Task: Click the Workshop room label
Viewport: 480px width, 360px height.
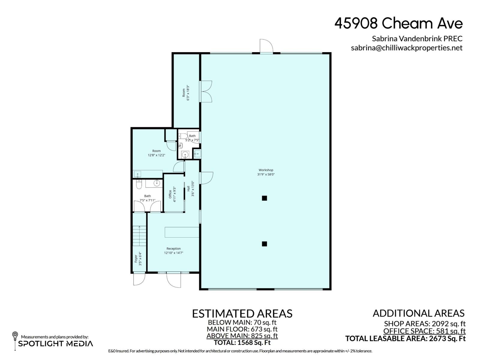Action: [x=266, y=172]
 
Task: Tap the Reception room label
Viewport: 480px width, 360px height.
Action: [x=173, y=250]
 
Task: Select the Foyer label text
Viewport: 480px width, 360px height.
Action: [x=136, y=259]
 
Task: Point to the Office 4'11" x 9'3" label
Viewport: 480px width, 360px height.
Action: [x=172, y=194]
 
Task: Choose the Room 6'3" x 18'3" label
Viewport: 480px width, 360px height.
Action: [x=185, y=93]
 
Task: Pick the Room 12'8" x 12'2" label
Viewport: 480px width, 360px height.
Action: [x=156, y=153]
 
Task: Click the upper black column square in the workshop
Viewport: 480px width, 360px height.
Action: [x=264, y=198]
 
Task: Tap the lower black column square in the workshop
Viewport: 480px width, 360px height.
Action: [x=264, y=244]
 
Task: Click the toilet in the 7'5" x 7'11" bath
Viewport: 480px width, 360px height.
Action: [x=139, y=184]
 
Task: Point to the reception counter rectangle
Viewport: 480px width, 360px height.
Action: [x=182, y=232]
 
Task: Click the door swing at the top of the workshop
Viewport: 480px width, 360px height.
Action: [x=266, y=46]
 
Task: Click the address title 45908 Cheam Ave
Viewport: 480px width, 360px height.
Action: [x=398, y=23]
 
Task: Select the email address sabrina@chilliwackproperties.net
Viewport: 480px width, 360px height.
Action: [x=406, y=48]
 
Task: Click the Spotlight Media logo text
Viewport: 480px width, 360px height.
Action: [x=55, y=343]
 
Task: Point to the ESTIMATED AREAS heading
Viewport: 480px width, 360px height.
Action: [x=242, y=314]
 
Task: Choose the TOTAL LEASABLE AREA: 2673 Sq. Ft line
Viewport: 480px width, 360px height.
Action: [x=405, y=339]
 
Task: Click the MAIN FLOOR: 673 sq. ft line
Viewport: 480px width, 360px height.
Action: [x=242, y=329]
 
